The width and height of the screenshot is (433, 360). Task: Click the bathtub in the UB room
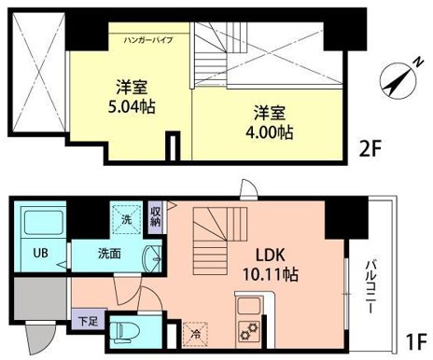tap(41, 224)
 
